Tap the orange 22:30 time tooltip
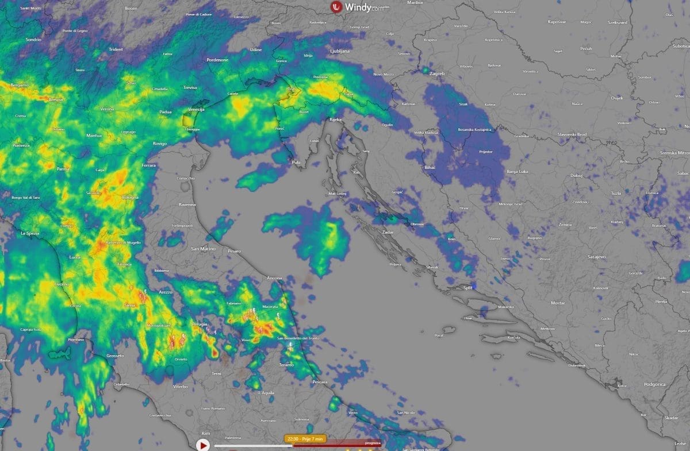pos(305,438)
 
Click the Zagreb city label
pos(436,74)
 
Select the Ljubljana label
pos(339,51)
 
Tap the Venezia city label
pos(196,109)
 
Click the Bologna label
pos(130,198)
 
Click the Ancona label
pos(274,278)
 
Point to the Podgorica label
pos(654,384)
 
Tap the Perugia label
pos(199,324)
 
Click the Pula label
pos(296,163)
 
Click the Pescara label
pos(319,382)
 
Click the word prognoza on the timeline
pos(372,443)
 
